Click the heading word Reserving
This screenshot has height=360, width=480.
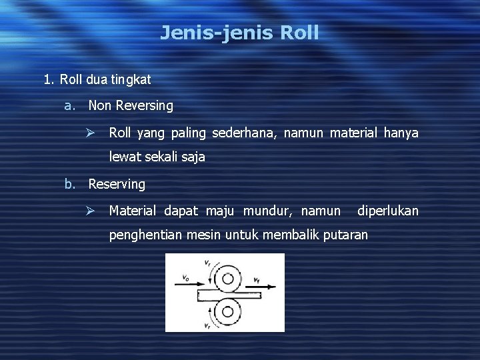[x=117, y=183]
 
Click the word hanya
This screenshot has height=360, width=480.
[x=401, y=133]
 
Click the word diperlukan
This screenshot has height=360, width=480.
[x=388, y=211]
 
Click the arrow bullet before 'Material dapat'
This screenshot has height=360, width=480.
[x=93, y=211]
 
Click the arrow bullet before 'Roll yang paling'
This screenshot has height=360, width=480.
[x=93, y=133]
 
